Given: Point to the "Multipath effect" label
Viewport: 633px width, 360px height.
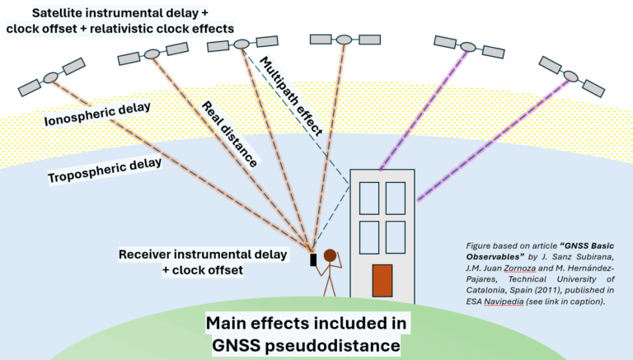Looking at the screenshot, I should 290,95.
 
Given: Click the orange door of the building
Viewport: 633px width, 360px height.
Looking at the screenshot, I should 382,280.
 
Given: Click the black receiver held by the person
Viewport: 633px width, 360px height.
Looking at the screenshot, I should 313,260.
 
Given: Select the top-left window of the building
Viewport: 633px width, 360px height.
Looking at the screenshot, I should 368,198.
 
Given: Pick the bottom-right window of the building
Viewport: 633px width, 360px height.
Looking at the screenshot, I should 396,237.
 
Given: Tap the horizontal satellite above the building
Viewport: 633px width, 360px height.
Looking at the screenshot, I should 344,39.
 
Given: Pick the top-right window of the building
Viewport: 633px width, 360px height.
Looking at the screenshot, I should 396,198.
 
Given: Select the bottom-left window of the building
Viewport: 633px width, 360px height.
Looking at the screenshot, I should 368,237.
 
